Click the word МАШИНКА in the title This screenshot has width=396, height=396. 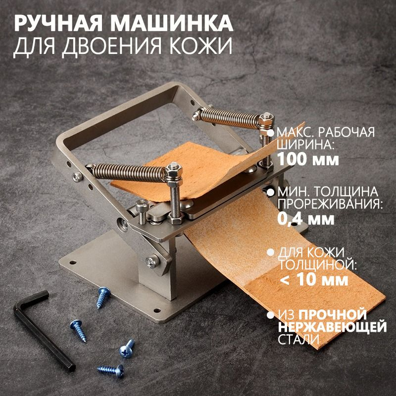coord(172,23)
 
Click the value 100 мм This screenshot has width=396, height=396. coord(308,159)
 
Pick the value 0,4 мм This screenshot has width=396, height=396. coord(306,219)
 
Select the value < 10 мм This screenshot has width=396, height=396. coord(314,280)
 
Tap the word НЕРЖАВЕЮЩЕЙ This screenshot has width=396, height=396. coord(332,327)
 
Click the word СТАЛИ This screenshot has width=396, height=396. coord(298,339)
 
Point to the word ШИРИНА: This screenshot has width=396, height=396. coord(305,145)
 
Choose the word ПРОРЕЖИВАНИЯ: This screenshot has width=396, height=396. coord(330,204)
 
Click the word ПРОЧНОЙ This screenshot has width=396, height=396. coord(333,314)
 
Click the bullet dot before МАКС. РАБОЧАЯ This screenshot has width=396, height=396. coord(271,133)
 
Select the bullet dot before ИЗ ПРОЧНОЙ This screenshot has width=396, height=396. coord(271,315)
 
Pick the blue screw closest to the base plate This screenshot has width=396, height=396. coord(103,297)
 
